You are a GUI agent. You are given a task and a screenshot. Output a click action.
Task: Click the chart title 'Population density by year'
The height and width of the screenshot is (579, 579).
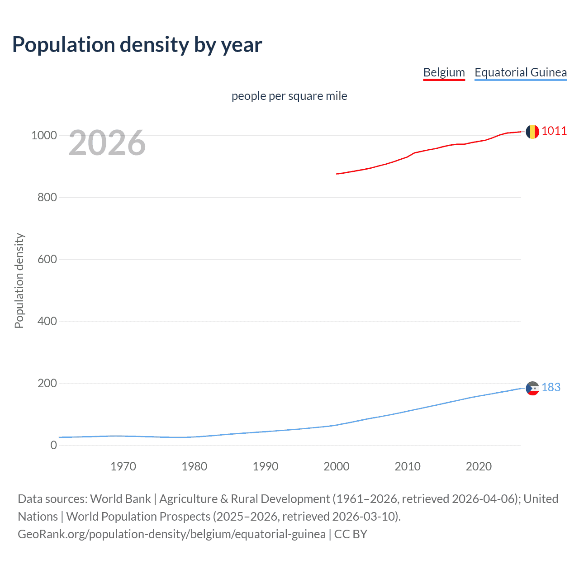pos(137,45)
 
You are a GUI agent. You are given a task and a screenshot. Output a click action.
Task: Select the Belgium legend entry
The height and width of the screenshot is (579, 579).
pos(444,72)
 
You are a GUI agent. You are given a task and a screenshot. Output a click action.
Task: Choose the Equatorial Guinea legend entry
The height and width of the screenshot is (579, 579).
pos(520,72)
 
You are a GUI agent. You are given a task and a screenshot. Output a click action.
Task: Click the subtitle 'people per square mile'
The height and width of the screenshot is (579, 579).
pos(289,96)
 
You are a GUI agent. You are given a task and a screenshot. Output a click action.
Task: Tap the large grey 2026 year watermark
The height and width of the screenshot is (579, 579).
pos(107,143)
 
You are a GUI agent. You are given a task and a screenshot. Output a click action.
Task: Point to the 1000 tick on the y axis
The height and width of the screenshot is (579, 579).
pos(44,135)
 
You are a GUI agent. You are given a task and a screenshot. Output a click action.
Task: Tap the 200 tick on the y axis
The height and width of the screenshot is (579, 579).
pos(47,383)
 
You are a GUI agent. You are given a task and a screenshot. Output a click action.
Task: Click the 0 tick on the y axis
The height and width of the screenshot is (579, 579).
pos(54,445)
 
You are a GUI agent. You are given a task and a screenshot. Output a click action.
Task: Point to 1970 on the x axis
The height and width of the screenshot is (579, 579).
pos(123,466)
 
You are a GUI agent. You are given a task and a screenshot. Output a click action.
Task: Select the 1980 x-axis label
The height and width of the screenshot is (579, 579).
pos(194,466)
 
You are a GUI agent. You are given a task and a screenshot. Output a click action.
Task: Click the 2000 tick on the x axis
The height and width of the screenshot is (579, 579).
pos(336,466)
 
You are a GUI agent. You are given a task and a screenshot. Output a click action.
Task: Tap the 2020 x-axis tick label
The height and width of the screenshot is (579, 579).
pos(479,466)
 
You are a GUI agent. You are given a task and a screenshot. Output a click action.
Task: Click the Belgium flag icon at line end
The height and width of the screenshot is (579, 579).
pos(532,132)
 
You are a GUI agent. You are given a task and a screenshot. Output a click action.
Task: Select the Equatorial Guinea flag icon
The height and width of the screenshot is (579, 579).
pos(532,388)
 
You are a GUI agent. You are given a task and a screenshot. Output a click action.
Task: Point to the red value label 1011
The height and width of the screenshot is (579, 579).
pos(554,131)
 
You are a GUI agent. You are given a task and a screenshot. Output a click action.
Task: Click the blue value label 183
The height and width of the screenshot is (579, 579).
pos(551,388)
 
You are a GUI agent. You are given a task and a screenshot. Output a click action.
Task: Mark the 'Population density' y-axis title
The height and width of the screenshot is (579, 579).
pos(19,280)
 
